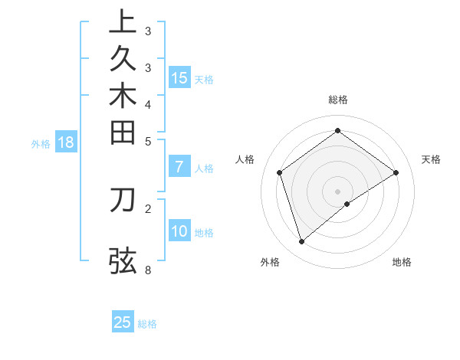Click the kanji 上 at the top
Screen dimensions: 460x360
[x=123, y=22]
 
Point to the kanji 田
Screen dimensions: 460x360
[x=123, y=133]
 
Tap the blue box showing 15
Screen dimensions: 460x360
[x=179, y=77]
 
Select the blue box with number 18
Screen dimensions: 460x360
[x=66, y=142]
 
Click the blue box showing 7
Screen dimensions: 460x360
[x=179, y=166]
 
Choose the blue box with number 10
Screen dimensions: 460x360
[x=179, y=231]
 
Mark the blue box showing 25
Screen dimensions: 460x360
[x=123, y=322]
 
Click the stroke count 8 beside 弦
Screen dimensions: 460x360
[x=147, y=270]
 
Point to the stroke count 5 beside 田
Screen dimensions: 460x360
[x=147, y=141]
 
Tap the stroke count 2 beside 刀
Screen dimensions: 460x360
[x=147, y=207]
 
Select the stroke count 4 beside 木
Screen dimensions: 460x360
[x=147, y=103]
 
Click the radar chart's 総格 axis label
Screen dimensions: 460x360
[x=337, y=100]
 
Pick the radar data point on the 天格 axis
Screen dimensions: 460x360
[x=396, y=172]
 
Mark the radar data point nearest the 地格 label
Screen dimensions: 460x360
[x=347, y=204]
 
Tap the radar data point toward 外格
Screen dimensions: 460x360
[x=301, y=242]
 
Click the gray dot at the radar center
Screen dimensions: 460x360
[x=337, y=191]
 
